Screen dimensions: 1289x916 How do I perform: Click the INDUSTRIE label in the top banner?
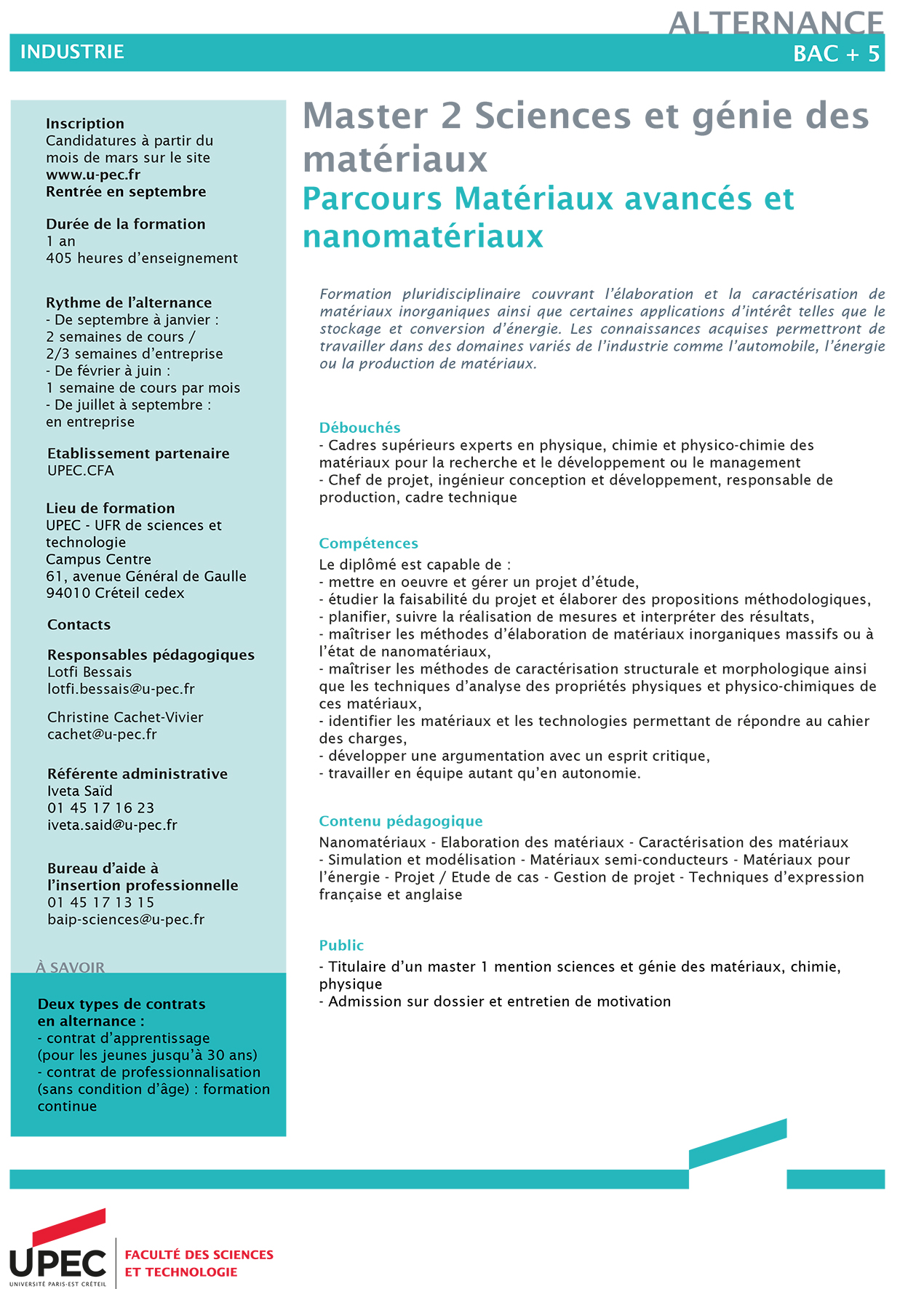click(x=72, y=52)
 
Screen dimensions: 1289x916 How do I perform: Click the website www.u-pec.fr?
click(x=93, y=175)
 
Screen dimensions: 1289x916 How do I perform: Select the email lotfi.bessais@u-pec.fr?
click(x=121, y=689)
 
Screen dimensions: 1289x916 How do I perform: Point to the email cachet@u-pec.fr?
click(x=102, y=735)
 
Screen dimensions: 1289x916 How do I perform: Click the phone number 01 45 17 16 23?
click(x=100, y=808)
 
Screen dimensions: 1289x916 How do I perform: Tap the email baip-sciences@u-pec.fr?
click(x=126, y=919)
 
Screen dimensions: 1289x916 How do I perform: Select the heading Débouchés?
click(x=359, y=428)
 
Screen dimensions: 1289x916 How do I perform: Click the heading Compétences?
click(x=368, y=543)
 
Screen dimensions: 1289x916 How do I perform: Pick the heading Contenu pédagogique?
click(x=400, y=821)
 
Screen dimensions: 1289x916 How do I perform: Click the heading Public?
click(x=341, y=946)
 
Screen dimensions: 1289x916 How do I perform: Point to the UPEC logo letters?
click(x=57, y=1264)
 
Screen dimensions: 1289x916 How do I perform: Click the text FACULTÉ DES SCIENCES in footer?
click(x=199, y=1255)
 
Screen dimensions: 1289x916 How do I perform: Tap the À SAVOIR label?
click(x=70, y=967)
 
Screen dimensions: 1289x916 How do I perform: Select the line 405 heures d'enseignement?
click(x=142, y=258)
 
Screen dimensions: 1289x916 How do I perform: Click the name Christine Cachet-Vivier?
click(x=125, y=717)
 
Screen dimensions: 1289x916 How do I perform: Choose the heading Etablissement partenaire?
click(x=138, y=454)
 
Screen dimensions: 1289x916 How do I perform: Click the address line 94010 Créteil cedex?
click(x=115, y=594)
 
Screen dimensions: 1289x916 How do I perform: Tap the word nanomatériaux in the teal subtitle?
click(x=423, y=237)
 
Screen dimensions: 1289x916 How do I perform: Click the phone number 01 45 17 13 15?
click(x=100, y=903)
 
